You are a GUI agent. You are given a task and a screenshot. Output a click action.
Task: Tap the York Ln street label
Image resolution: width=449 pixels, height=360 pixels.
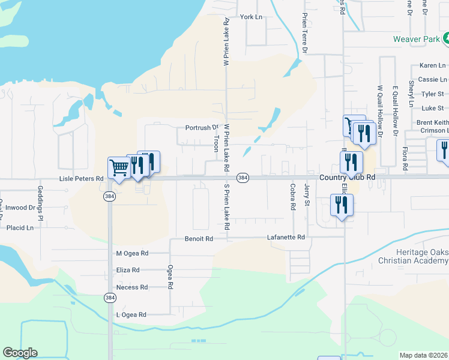pyautogui.click(x=251, y=17)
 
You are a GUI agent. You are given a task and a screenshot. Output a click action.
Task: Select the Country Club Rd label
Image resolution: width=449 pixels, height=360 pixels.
pyautogui.click(x=347, y=178)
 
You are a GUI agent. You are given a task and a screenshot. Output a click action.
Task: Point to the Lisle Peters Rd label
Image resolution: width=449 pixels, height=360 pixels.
pyautogui.click(x=77, y=179)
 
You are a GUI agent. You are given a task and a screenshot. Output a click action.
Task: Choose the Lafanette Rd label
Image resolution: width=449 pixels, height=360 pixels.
pyautogui.click(x=286, y=238)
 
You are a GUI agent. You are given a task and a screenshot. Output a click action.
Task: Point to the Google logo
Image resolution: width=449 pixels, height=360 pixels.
pyautogui.click(x=20, y=353)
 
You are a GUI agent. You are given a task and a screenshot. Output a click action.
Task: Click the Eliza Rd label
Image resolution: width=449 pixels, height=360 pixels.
pyautogui.click(x=128, y=270)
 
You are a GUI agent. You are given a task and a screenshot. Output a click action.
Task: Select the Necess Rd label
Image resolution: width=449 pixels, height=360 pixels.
pyautogui.click(x=131, y=287)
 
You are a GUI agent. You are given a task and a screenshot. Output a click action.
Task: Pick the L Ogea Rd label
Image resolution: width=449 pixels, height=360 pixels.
pyautogui.click(x=131, y=314)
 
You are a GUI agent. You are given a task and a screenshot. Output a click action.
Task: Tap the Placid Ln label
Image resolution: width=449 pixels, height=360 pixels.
pyautogui.click(x=20, y=228)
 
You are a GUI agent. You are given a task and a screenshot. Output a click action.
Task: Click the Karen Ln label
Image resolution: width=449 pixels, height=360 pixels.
pyautogui.click(x=432, y=65)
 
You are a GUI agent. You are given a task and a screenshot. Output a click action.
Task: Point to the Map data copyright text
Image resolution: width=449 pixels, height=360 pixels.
pyautogui.click(x=423, y=355)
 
